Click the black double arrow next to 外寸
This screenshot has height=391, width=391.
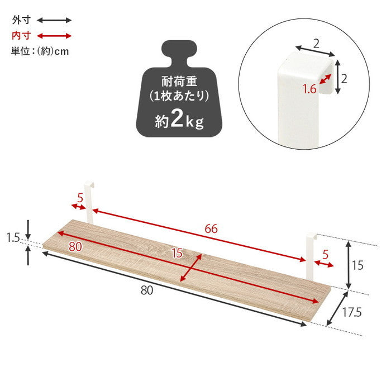54,20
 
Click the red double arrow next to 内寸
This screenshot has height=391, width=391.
54,36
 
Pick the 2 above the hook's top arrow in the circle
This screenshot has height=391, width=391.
316,42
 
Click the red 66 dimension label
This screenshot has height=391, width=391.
211,228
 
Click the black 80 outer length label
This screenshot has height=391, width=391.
147,290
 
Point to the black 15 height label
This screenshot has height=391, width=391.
357,265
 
